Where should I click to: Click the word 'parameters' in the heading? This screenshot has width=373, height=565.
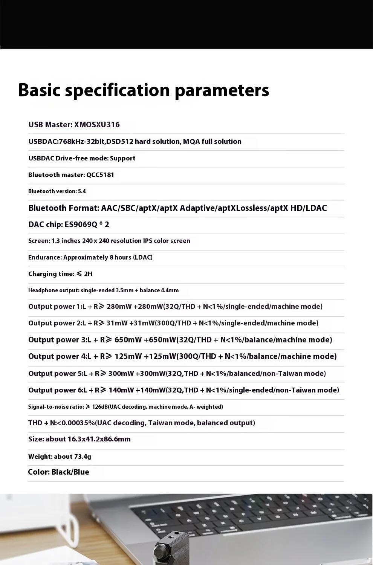tap(222, 90)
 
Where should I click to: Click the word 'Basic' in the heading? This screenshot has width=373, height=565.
tap(39, 90)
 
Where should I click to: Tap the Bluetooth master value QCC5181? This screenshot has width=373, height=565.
tap(100, 175)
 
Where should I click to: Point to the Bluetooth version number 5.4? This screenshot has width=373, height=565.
tap(82, 191)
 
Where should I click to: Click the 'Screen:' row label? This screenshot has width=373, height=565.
tap(38, 241)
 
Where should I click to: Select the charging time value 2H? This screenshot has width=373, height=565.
tap(88, 274)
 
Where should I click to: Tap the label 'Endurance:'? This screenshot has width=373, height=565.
tap(45, 257)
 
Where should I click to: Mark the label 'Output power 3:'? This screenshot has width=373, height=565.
tap(57, 340)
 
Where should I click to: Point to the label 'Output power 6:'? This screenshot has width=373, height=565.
tap(52, 390)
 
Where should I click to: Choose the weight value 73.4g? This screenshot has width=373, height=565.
tap(83, 457)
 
